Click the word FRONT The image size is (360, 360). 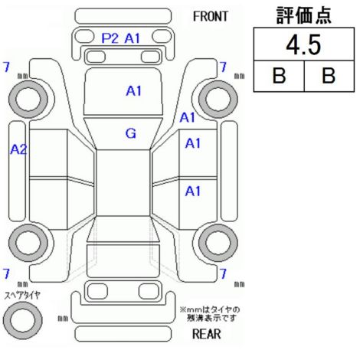pyautogui.click(x=210, y=17)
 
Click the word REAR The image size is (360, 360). pyautogui.click(x=206, y=334)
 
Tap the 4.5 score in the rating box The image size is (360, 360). pyautogui.click(x=303, y=45)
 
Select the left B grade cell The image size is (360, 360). pyautogui.click(x=279, y=76)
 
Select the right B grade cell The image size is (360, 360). pyautogui.click(x=329, y=76)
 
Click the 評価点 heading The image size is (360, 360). pyautogui.click(x=303, y=15)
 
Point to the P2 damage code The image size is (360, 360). pyautogui.click(x=110, y=38)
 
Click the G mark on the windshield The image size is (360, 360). pyautogui.click(x=131, y=133)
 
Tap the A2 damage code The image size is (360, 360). pyautogui.click(x=18, y=149)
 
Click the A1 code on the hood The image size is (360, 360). pyautogui.click(x=133, y=91)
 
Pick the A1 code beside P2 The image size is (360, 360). pyautogui.click(x=133, y=38)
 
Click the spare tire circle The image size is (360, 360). pyautogui.click(x=22, y=320)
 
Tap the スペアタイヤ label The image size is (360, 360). pyautogui.click(x=22, y=296)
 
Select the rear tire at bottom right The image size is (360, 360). pyautogui.click(x=218, y=243)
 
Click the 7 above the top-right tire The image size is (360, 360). pyautogui.click(x=223, y=67)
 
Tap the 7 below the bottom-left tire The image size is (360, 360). pyautogui.click(x=6, y=273)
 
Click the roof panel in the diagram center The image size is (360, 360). pyautogui.click(x=123, y=183)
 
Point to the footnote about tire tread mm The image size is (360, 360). pyautogui.click(x=210, y=314)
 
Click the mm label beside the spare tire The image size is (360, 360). pyautogui.click(x=63, y=319)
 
